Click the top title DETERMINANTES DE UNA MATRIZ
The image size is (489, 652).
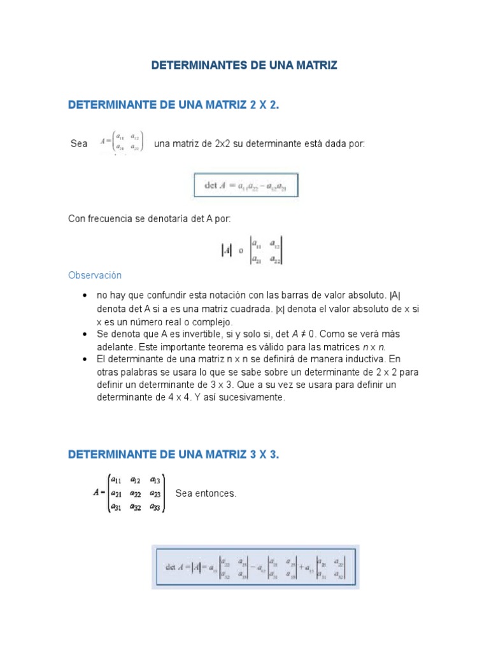244,65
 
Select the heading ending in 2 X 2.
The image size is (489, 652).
174,105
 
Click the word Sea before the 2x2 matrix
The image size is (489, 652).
79,144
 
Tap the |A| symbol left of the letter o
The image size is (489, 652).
226,250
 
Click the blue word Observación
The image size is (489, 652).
94,276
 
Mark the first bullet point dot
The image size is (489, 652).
85,296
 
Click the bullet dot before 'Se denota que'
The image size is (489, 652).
85,334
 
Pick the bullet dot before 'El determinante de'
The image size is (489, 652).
85,359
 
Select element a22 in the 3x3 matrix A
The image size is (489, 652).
136,493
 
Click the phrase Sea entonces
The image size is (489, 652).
206,493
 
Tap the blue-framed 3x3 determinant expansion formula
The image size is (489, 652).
255,567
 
